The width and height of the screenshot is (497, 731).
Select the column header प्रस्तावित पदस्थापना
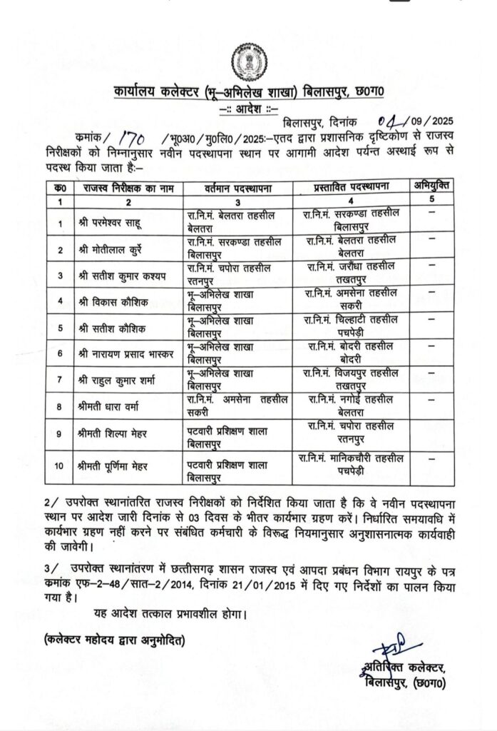pyautogui.click(x=350, y=187)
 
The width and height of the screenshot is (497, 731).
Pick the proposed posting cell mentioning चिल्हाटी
pyautogui.click(x=350, y=327)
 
